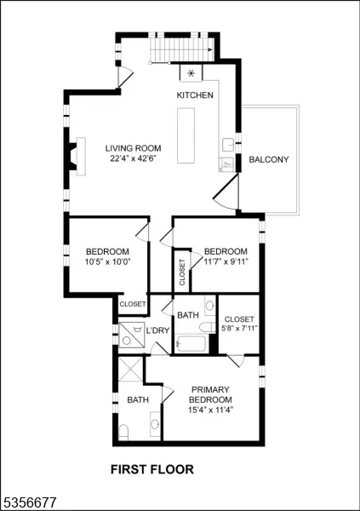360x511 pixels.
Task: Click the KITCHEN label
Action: [x=195, y=95]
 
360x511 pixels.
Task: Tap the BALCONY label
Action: [x=269, y=159]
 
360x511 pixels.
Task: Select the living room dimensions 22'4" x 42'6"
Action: [x=134, y=158]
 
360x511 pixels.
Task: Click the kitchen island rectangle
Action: [x=186, y=135]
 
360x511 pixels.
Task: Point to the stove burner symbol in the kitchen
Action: [x=191, y=73]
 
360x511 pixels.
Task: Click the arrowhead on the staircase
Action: [x=210, y=50]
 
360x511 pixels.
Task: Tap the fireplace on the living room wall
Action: [x=77, y=157]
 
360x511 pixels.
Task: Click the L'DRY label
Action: [x=157, y=330]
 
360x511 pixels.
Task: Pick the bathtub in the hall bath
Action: [x=191, y=343]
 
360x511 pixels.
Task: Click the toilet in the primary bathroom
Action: [x=123, y=432]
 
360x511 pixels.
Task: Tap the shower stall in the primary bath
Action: [x=130, y=369]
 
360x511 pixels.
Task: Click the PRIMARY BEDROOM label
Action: [x=210, y=394]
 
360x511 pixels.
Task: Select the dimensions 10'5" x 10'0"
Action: [x=108, y=261]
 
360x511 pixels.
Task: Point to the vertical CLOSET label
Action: [x=182, y=273]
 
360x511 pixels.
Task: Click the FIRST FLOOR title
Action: [x=152, y=469]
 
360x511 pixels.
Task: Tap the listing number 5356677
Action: [x=29, y=502]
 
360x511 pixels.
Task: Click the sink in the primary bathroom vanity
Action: [x=155, y=424]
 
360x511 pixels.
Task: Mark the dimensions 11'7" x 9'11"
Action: [x=226, y=261]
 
